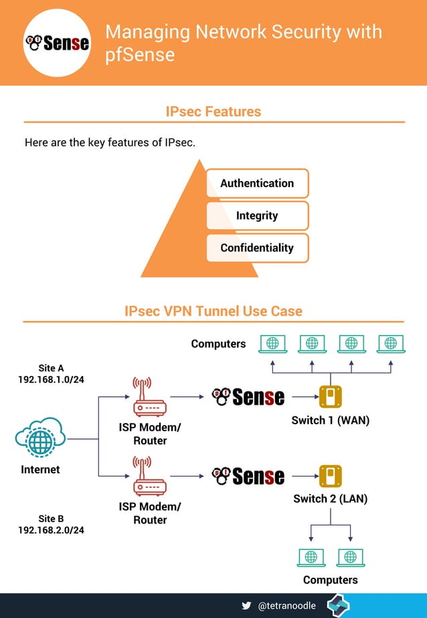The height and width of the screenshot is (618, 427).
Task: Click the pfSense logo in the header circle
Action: click(57, 43)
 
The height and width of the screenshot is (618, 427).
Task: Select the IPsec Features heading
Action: click(213, 111)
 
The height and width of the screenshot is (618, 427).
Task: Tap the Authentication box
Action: click(257, 183)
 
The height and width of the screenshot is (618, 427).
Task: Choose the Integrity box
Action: click(257, 216)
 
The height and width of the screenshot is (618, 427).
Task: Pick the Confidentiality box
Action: click(257, 248)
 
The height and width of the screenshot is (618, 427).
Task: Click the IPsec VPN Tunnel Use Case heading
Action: click(213, 311)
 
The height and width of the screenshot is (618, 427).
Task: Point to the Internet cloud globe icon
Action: click(40, 440)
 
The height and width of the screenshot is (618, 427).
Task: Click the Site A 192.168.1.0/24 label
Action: click(51, 374)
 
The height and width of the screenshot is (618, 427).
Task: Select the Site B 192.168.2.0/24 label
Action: click(51, 524)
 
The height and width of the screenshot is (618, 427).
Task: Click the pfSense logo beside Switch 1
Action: click(248, 397)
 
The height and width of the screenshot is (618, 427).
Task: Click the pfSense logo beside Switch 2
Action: click(248, 477)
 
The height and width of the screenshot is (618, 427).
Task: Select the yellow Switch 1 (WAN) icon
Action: click(330, 397)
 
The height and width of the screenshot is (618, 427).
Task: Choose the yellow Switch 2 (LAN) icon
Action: click(330, 476)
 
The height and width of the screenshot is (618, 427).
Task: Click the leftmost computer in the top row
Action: click(272, 344)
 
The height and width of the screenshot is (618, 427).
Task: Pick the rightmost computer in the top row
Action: click(391, 344)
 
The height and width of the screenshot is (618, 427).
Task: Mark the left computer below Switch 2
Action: click(311, 557)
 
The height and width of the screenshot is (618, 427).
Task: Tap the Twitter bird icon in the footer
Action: click(247, 605)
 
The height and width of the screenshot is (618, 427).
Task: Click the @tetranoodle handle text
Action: click(286, 605)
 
